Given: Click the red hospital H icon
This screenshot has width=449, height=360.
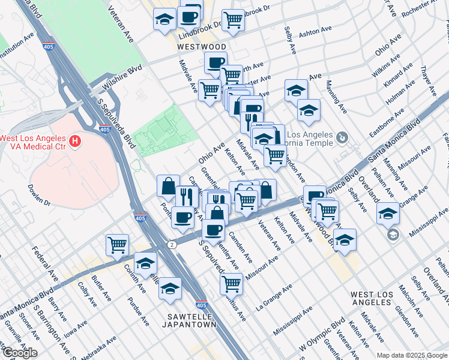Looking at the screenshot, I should (75, 142).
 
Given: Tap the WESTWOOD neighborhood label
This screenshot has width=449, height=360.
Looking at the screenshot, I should (201, 46).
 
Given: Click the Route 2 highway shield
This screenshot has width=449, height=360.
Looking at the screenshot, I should (172, 245).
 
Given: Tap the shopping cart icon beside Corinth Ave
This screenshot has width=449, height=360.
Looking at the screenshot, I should (117, 244).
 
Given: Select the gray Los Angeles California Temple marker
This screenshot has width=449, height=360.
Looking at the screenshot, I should (342, 138).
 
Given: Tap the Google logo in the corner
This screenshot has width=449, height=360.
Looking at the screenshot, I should (20, 353).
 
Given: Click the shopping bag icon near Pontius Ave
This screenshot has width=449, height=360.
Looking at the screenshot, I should (168, 185).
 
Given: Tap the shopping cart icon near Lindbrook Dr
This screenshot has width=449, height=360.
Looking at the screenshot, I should (233, 20).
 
